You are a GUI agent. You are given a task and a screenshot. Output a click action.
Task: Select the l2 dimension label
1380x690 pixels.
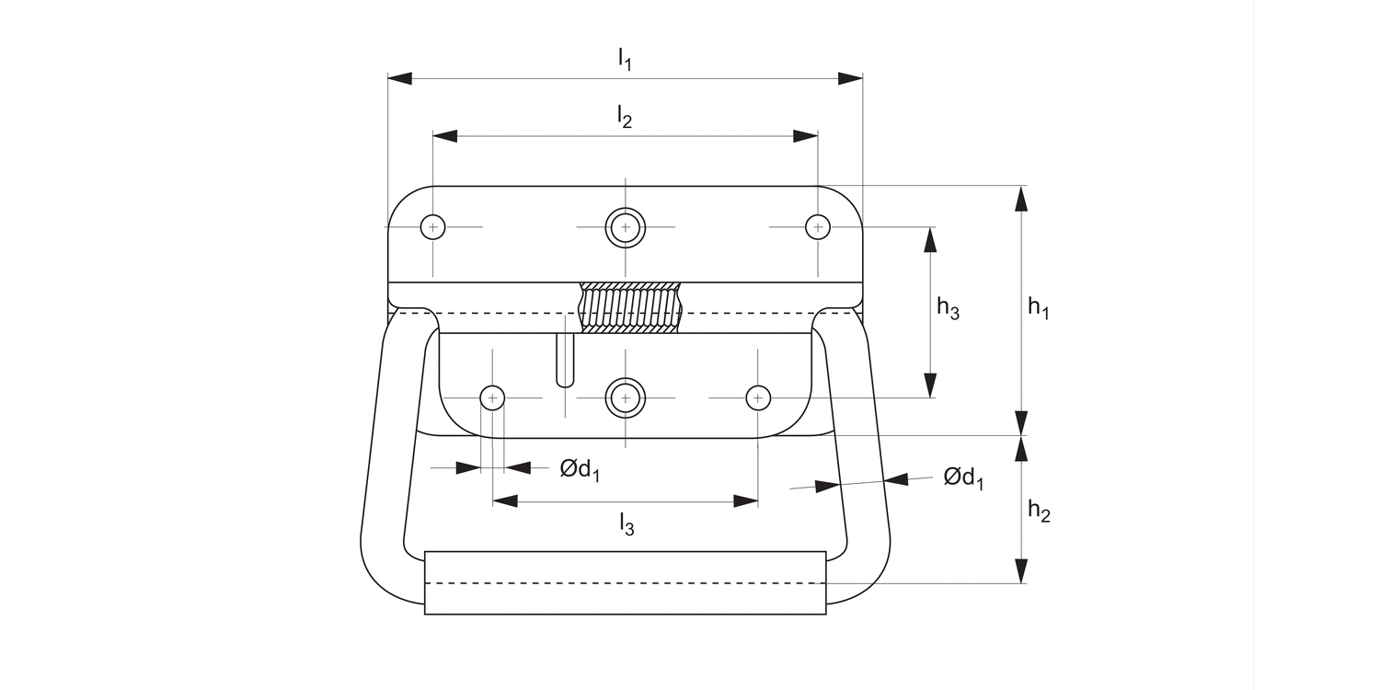pos(625,117)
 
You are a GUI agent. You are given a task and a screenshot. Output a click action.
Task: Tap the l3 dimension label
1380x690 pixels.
pos(626,524)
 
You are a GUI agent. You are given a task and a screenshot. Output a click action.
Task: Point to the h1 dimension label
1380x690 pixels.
pos(1038,309)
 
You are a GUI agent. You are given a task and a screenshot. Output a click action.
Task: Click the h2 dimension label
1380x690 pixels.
pos(1038,511)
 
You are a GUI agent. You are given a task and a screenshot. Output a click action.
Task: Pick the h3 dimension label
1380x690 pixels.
pos(948,308)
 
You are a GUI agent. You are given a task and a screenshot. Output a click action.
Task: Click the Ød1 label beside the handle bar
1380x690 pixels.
pos(962,478)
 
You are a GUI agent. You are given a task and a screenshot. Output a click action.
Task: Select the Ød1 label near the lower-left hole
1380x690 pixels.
pos(580,470)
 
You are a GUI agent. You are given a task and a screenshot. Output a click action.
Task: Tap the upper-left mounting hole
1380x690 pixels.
pos(432,226)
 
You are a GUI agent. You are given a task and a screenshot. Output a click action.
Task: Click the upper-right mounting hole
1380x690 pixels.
pos(817,226)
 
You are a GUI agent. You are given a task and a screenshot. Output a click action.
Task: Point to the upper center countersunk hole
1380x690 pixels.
pos(625,226)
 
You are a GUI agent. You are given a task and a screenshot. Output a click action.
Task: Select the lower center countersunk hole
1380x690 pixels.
pos(625,397)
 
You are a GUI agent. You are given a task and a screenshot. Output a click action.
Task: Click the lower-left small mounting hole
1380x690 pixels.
pos(493,397)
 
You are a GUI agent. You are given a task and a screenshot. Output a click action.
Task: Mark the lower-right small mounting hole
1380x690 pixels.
pos(757,397)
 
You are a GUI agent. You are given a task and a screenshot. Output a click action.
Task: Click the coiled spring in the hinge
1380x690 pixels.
pos(630,308)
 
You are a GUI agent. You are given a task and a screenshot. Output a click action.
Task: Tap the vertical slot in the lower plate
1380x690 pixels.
pos(566,361)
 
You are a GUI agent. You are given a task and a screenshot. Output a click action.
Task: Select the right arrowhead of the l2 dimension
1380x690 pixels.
pos(806,136)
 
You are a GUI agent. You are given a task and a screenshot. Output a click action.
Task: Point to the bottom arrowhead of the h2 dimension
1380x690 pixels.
pos(1021,571)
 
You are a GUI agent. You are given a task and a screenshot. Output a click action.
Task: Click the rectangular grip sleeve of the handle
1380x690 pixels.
pos(625,582)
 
